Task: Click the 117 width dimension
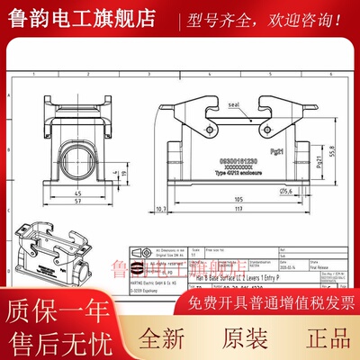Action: click(240, 210)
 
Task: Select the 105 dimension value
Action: click(240, 198)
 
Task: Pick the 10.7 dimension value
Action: click(160, 208)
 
